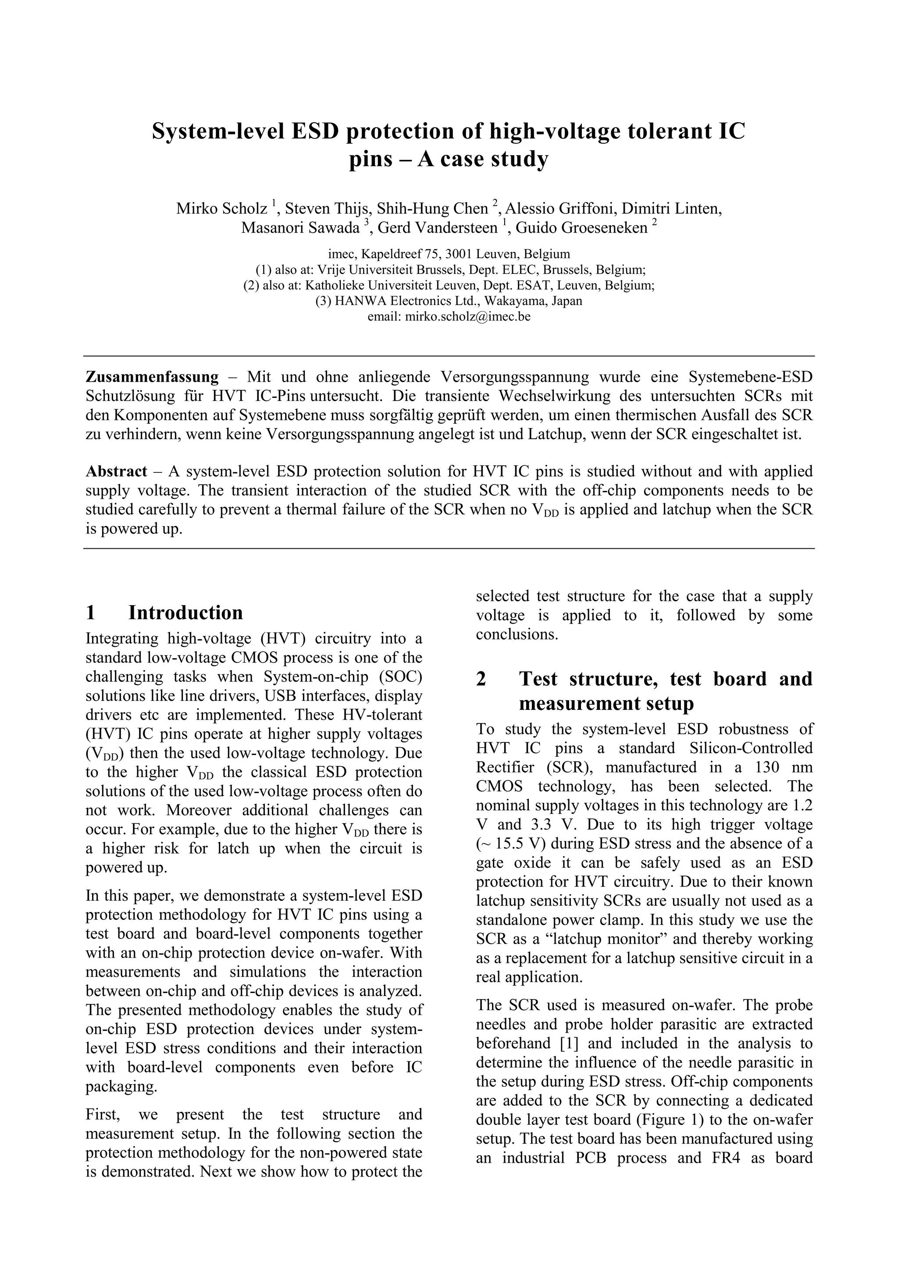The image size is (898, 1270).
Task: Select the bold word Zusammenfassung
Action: tap(152, 377)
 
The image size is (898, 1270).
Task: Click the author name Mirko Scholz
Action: tap(222, 209)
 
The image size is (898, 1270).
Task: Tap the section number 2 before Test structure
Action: tap(481, 679)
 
